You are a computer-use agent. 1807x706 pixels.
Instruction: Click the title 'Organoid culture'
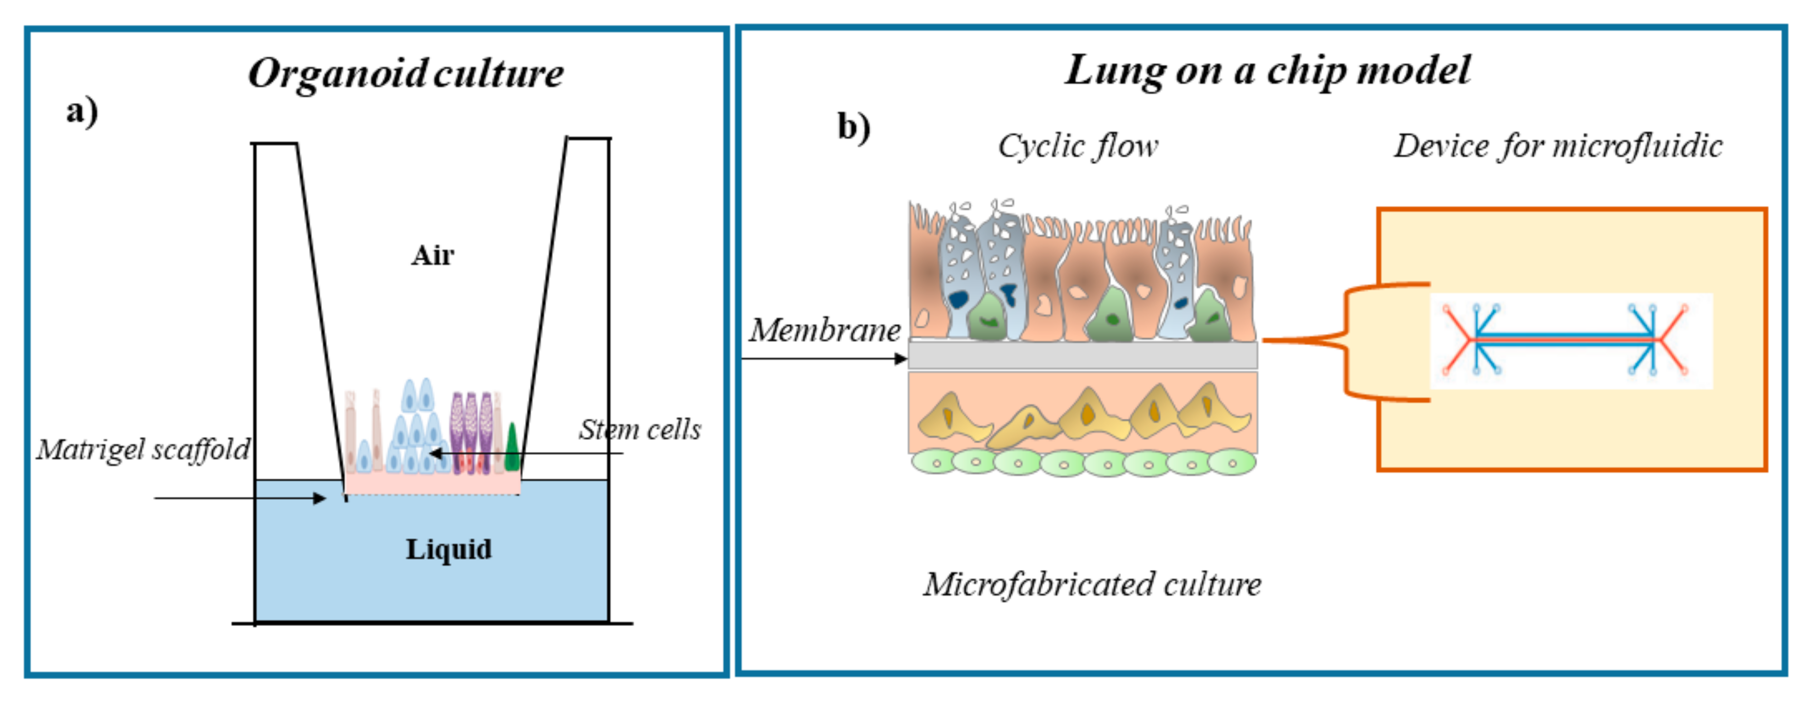405,73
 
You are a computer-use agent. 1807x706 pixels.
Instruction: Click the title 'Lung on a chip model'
1267,70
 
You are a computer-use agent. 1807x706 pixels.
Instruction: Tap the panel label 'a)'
82,112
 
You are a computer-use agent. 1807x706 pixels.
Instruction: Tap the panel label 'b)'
854,127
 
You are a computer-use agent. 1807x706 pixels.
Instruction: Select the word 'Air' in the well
432,255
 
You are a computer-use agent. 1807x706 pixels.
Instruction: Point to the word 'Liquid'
448,549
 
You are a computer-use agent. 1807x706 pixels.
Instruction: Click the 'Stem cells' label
639,429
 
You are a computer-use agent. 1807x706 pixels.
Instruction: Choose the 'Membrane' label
824,330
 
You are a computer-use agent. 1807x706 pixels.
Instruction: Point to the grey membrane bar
1083,355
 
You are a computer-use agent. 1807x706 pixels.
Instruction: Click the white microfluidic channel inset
1571,341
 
